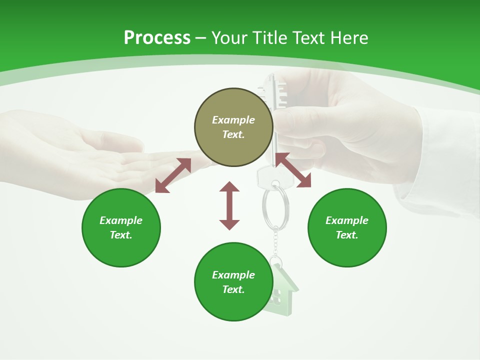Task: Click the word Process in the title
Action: coord(157,37)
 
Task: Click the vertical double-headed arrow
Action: coord(229,205)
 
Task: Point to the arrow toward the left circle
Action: coord(173,175)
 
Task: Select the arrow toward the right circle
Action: coord(293,170)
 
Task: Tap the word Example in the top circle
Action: coord(233,120)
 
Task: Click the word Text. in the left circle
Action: coord(121,235)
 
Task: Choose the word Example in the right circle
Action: coord(347,220)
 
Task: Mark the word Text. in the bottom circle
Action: coord(233,289)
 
